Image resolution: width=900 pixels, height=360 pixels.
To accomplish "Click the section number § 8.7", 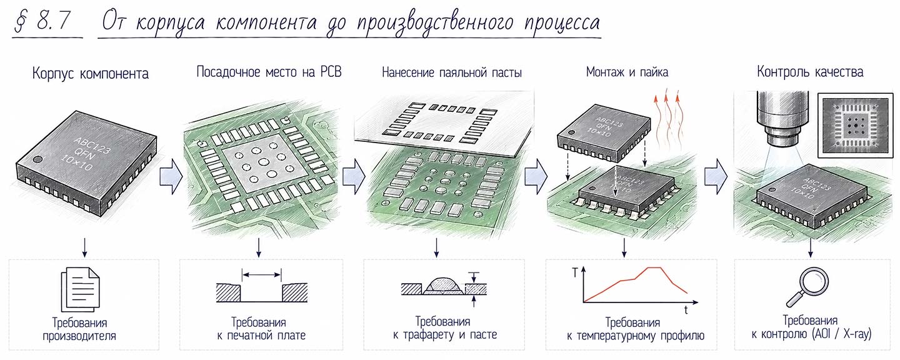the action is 42,21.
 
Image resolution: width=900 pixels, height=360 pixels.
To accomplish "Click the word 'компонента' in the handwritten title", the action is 266,22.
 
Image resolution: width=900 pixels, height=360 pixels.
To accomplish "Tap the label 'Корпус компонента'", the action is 91,74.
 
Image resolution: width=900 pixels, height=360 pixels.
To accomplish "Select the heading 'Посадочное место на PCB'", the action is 269,72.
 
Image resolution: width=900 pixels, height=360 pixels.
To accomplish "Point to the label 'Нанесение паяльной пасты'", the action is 452,72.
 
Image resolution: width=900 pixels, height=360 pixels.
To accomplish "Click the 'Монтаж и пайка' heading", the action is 627,72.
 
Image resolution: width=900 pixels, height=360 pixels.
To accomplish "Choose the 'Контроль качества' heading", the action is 810,72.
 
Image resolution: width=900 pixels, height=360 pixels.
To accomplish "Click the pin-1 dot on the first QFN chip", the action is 37,159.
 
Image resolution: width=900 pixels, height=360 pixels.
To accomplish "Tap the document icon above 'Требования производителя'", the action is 80,289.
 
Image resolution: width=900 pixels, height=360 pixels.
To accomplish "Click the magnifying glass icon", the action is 807,286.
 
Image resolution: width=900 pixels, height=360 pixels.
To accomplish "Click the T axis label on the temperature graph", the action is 575,273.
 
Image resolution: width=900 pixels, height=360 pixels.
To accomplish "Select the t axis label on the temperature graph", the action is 686,310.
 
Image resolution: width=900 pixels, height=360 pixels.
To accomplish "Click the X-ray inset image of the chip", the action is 856,126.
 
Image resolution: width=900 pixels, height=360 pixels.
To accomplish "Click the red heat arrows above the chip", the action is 667,121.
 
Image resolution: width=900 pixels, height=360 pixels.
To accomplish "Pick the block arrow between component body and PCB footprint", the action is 171,177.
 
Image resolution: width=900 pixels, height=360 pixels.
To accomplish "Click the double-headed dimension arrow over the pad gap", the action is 261,275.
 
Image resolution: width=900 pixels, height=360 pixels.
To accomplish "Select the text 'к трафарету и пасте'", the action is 445,335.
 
